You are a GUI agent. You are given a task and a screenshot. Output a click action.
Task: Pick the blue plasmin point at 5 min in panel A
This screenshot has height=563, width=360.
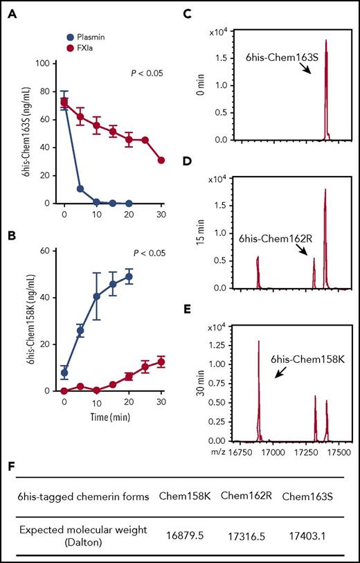[x=80, y=188]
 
